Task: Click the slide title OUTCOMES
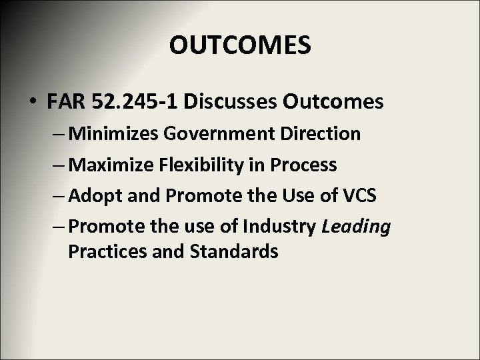click(239, 45)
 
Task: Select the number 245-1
click(155, 102)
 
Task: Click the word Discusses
click(233, 102)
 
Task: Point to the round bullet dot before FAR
click(33, 103)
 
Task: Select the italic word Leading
click(355, 227)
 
